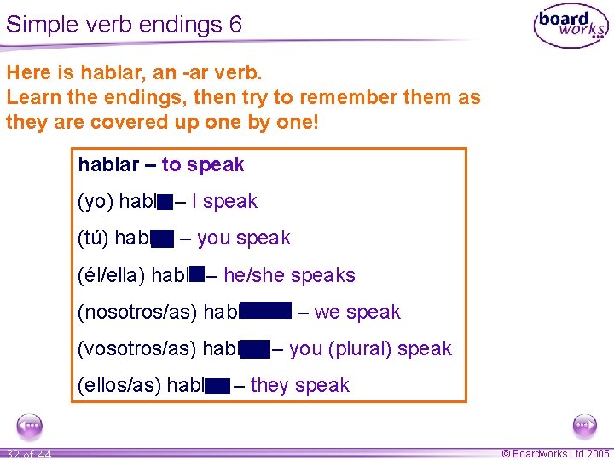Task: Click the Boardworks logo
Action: [571, 26]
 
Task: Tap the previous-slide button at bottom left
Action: [29, 425]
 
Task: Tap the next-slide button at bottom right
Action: [584, 425]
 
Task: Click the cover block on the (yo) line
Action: [165, 202]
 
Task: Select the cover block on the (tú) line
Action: [162, 239]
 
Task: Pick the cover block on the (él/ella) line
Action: [197, 274]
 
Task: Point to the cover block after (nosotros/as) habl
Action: [265, 312]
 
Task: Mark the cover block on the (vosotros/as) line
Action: [255, 348]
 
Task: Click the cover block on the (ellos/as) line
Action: [217, 386]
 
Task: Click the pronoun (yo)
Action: [96, 202]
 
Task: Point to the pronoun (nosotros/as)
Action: [137, 312]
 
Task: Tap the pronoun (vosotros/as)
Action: [137, 348]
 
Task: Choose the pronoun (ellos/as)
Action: [119, 385]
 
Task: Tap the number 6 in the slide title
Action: [235, 24]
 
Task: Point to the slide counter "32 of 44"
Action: [28, 453]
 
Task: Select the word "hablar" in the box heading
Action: [106, 164]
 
